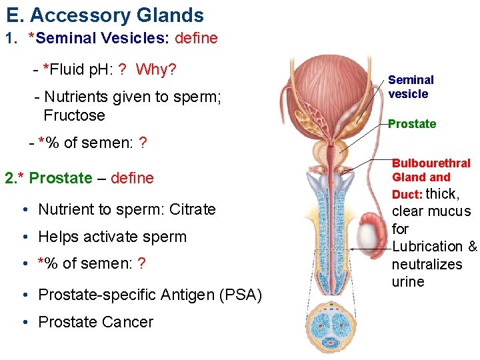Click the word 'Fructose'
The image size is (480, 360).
point(74,115)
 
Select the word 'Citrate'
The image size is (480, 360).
point(193,209)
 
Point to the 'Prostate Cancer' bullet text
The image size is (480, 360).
point(96,322)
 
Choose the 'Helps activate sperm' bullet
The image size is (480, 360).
point(113,237)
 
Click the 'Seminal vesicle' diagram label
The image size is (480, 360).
point(411,87)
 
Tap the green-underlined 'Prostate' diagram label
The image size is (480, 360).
point(412,124)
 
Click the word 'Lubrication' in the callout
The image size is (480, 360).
point(427,247)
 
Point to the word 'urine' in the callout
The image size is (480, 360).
point(408,281)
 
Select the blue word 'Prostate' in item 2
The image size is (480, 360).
point(61,178)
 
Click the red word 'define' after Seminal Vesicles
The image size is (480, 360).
point(196,38)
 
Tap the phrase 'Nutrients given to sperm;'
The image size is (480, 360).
point(132,97)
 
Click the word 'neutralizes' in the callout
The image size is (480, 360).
point(427,264)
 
